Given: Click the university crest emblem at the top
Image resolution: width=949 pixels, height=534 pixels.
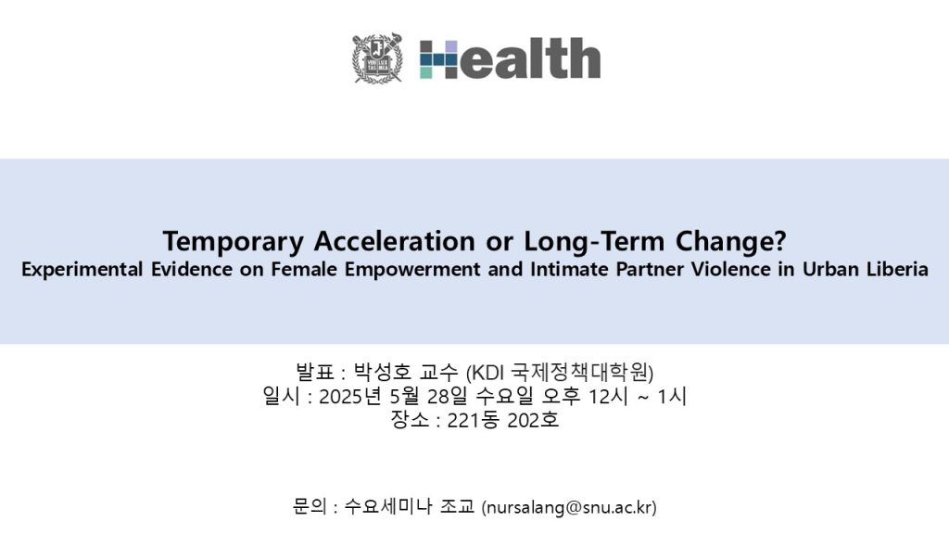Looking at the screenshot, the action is (x=378, y=58).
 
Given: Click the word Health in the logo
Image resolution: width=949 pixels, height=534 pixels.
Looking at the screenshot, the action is (x=511, y=58).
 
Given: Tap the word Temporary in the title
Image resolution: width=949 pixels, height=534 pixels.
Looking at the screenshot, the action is (x=233, y=242).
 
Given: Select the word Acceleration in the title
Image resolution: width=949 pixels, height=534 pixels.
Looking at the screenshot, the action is (x=394, y=240).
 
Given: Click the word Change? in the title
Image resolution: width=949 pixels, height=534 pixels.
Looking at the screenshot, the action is (x=730, y=241).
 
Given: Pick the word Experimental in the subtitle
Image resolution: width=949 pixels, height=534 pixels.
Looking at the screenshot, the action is (x=82, y=269).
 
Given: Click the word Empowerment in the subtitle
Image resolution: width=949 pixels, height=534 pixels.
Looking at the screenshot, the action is (x=412, y=269).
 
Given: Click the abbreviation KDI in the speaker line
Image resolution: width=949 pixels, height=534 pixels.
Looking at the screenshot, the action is (x=487, y=372).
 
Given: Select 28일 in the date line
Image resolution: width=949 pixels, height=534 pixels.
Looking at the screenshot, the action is (x=448, y=397).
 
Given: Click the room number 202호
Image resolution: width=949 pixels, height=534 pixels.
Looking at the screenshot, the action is (x=533, y=420).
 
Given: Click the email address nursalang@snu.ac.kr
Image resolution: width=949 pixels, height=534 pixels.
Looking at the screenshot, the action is (x=569, y=507).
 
